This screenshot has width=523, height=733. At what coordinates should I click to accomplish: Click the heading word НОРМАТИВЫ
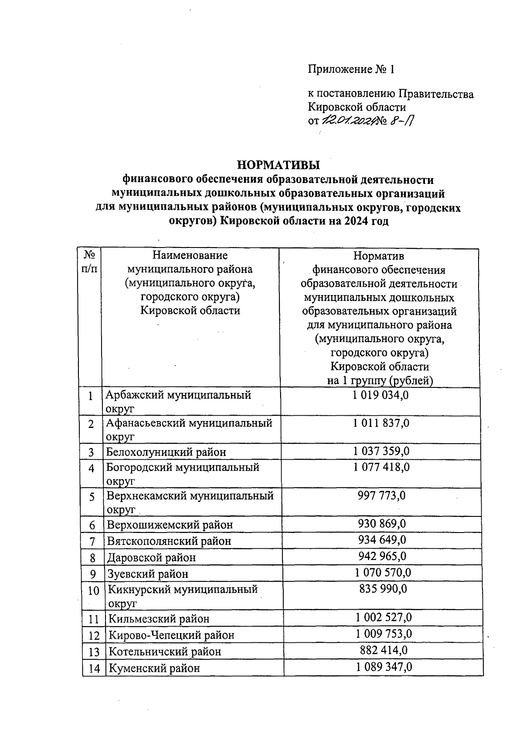click(x=278, y=165)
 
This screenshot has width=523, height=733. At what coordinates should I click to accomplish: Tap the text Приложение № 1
click(x=351, y=69)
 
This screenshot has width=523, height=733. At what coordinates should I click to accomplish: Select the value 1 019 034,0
click(x=381, y=395)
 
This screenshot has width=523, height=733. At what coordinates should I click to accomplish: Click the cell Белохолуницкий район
click(x=166, y=452)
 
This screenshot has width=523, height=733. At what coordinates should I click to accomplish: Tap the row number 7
click(x=92, y=542)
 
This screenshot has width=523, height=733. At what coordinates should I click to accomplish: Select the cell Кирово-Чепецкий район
click(x=171, y=635)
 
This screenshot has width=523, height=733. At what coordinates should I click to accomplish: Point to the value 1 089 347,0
click(x=384, y=667)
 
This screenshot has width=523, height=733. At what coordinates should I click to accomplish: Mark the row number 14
click(x=94, y=669)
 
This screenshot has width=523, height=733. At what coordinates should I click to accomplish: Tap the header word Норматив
click(x=378, y=256)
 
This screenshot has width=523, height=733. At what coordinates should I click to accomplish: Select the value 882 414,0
click(x=384, y=650)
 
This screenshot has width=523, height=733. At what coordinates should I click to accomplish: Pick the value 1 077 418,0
click(x=381, y=467)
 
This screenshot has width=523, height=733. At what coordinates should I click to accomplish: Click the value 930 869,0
click(x=382, y=523)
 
